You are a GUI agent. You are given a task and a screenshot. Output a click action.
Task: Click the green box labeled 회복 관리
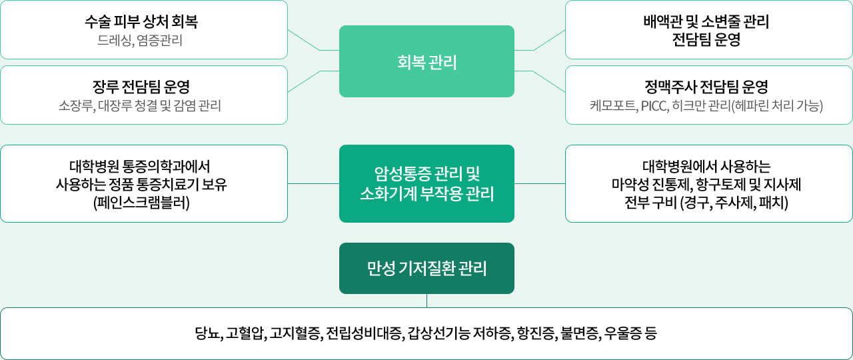(x=426, y=61)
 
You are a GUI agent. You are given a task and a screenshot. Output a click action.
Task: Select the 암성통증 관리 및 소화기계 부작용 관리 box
(x=426, y=183)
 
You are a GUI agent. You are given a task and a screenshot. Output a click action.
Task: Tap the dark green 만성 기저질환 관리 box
(x=426, y=268)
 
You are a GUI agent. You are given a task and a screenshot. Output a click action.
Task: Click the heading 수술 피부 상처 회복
(x=141, y=21)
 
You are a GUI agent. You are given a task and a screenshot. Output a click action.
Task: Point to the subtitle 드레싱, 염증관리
(x=140, y=41)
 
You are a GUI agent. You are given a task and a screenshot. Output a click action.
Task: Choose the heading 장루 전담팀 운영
(x=141, y=87)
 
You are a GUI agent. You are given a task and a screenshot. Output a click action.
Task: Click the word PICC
(x=655, y=106)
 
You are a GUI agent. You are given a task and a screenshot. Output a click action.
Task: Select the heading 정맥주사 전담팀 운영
(x=706, y=87)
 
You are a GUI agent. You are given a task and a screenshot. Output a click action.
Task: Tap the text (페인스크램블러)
(x=141, y=203)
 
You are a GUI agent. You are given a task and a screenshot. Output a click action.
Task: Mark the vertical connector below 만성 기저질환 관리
(x=427, y=301)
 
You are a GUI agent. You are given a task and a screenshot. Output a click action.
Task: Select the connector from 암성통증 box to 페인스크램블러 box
(x=313, y=183)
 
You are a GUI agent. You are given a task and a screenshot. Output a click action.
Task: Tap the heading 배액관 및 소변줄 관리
(x=706, y=21)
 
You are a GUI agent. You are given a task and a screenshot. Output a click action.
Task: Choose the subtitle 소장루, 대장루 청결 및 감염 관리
(x=140, y=106)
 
